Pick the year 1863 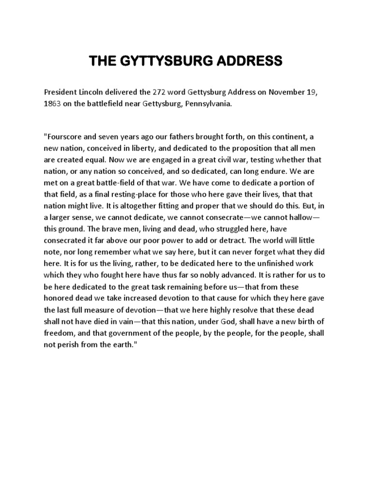coord(52,103)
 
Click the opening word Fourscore coord(64,137)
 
